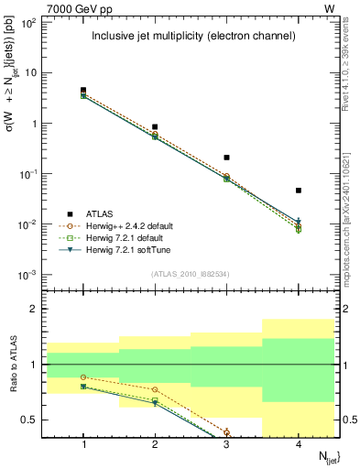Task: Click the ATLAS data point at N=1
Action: [x=83, y=91]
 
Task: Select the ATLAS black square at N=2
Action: [x=155, y=126]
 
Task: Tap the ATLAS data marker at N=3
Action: [x=226, y=158]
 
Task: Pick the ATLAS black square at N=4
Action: [x=299, y=191]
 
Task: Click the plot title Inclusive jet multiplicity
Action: [x=192, y=37]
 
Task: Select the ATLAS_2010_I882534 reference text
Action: [x=191, y=273]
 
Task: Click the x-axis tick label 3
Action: [x=226, y=442]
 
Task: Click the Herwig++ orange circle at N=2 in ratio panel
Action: [x=155, y=389]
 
